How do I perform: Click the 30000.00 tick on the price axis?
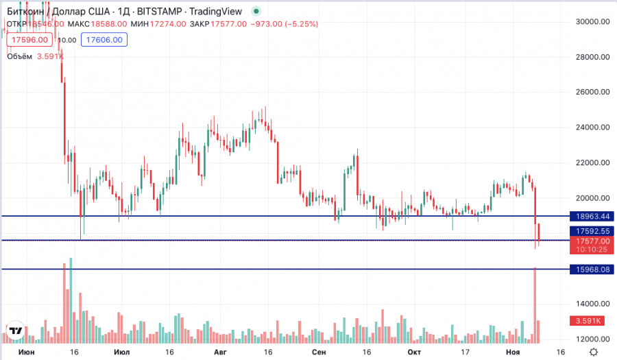click(593, 22)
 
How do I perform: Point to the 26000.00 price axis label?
click(593, 92)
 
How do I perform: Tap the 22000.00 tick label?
click(593, 163)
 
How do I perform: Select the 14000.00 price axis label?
click(593, 304)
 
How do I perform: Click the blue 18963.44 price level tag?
click(593, 216)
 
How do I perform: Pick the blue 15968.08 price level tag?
click(593, 269)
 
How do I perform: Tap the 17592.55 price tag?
click(593, 232)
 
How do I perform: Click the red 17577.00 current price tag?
click(593, 241)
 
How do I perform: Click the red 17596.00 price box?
click(27, 40)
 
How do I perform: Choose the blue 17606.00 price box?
click(103, 40)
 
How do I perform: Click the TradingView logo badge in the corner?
click(16, 331)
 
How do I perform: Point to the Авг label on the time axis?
click(219, 352)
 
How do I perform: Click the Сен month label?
click(318, 352)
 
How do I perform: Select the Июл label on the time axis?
click(119, 352)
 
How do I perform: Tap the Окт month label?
click(413, 352)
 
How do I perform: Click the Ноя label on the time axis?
click(513, 352)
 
